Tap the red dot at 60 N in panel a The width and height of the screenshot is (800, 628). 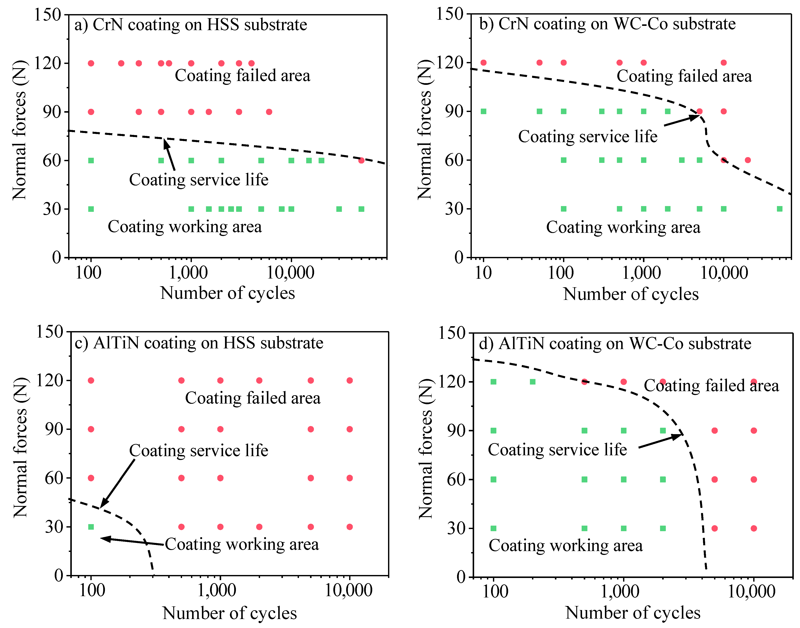361,160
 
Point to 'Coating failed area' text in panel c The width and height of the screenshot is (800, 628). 253,398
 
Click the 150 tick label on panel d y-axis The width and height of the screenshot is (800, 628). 452,333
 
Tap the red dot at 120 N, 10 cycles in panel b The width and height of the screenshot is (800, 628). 483,62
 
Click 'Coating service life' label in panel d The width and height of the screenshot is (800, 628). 557,450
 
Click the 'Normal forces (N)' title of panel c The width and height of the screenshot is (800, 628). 20,447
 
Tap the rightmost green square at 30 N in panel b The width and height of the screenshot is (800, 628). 779,209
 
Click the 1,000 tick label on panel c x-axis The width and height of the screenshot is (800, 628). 217,591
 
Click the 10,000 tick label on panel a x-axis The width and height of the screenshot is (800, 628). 290,273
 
